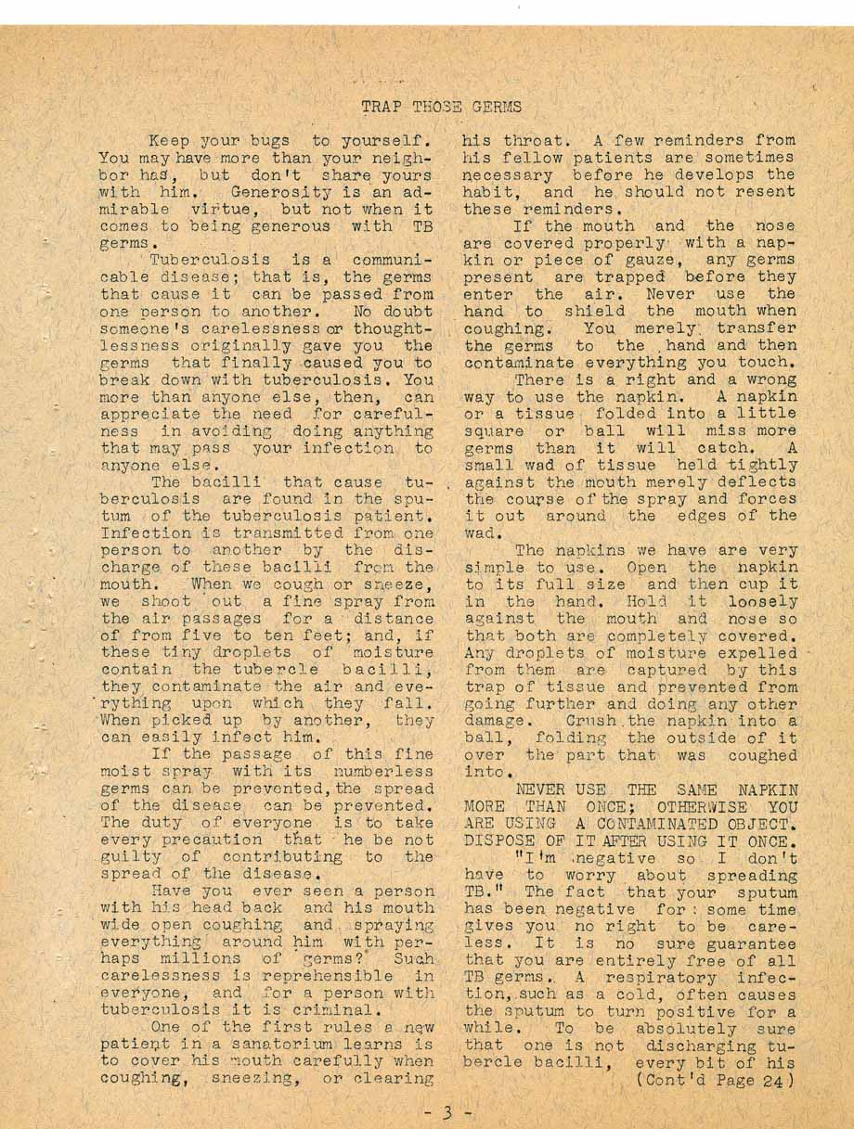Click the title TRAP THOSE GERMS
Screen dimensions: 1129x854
pos(441,107)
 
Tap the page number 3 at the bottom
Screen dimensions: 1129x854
pos(446,1109)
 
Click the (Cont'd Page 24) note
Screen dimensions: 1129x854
pos(715,1081)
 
